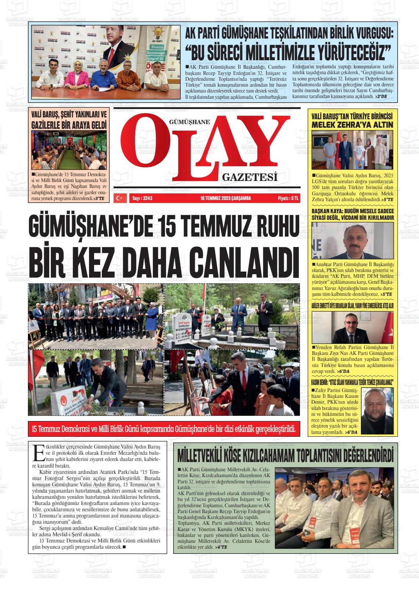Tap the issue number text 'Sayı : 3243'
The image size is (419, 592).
(142, 198)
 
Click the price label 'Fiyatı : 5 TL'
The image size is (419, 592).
(289, 198)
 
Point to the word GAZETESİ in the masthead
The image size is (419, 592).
(250, 178)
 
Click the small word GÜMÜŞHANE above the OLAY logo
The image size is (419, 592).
(189, 122)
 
